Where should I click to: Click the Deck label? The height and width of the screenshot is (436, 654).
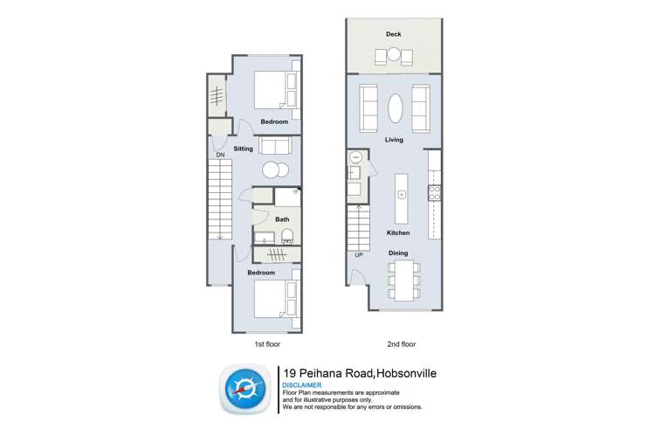[x=393, y=35]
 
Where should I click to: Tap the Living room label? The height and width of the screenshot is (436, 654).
[x=393, y=139]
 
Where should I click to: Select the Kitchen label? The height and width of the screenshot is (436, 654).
[x=399, y=233]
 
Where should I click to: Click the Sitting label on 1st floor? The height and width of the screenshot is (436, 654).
[x=243, y=149]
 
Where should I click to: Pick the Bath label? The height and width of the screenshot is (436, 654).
[x=282, y=219]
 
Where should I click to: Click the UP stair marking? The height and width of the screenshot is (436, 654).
[x=358, y=255]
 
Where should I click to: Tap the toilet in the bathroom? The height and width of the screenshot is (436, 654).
[x=286, y=235]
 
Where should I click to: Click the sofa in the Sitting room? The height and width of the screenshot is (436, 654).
[x=273, y=145]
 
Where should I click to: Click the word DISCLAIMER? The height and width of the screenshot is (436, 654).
[x=302, y=385]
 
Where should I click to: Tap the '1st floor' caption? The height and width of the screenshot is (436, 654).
[x=265, y=345]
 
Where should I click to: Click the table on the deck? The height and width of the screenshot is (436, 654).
[x=394, y=57]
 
